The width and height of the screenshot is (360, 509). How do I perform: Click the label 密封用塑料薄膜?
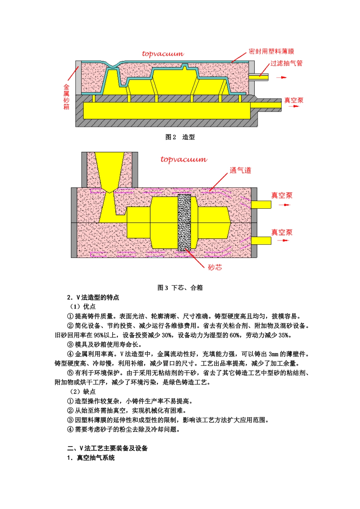pos(271,52)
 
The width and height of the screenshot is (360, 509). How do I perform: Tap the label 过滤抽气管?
pos(286,63)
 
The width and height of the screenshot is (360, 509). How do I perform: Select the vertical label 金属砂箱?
pos(67,97)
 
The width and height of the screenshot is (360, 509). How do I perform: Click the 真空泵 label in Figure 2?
pos(294,100)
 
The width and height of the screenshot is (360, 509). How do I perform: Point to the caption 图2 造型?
pos(180,137)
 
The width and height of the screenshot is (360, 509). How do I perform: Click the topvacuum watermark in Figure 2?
pos(163,54)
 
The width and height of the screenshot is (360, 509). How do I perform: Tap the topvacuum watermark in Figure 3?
pos(184,159)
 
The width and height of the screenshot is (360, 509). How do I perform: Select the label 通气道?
pos(240,170)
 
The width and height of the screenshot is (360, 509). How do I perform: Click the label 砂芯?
pos(215,267)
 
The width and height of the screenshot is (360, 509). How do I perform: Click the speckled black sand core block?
pos(184,222)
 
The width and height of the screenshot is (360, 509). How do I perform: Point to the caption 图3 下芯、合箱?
pos(180,288)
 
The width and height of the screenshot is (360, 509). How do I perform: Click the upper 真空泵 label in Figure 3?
pos(282,195)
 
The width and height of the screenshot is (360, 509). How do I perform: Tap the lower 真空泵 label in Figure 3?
pos(282,232)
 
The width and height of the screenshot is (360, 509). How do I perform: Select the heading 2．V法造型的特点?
pos(93,298)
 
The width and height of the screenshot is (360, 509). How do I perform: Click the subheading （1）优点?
pos(82,307)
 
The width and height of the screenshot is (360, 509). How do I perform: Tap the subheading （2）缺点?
pos(82,392)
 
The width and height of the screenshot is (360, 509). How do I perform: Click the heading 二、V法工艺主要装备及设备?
pos(107,448)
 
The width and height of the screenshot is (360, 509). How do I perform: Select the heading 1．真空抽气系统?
pos(91,458)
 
